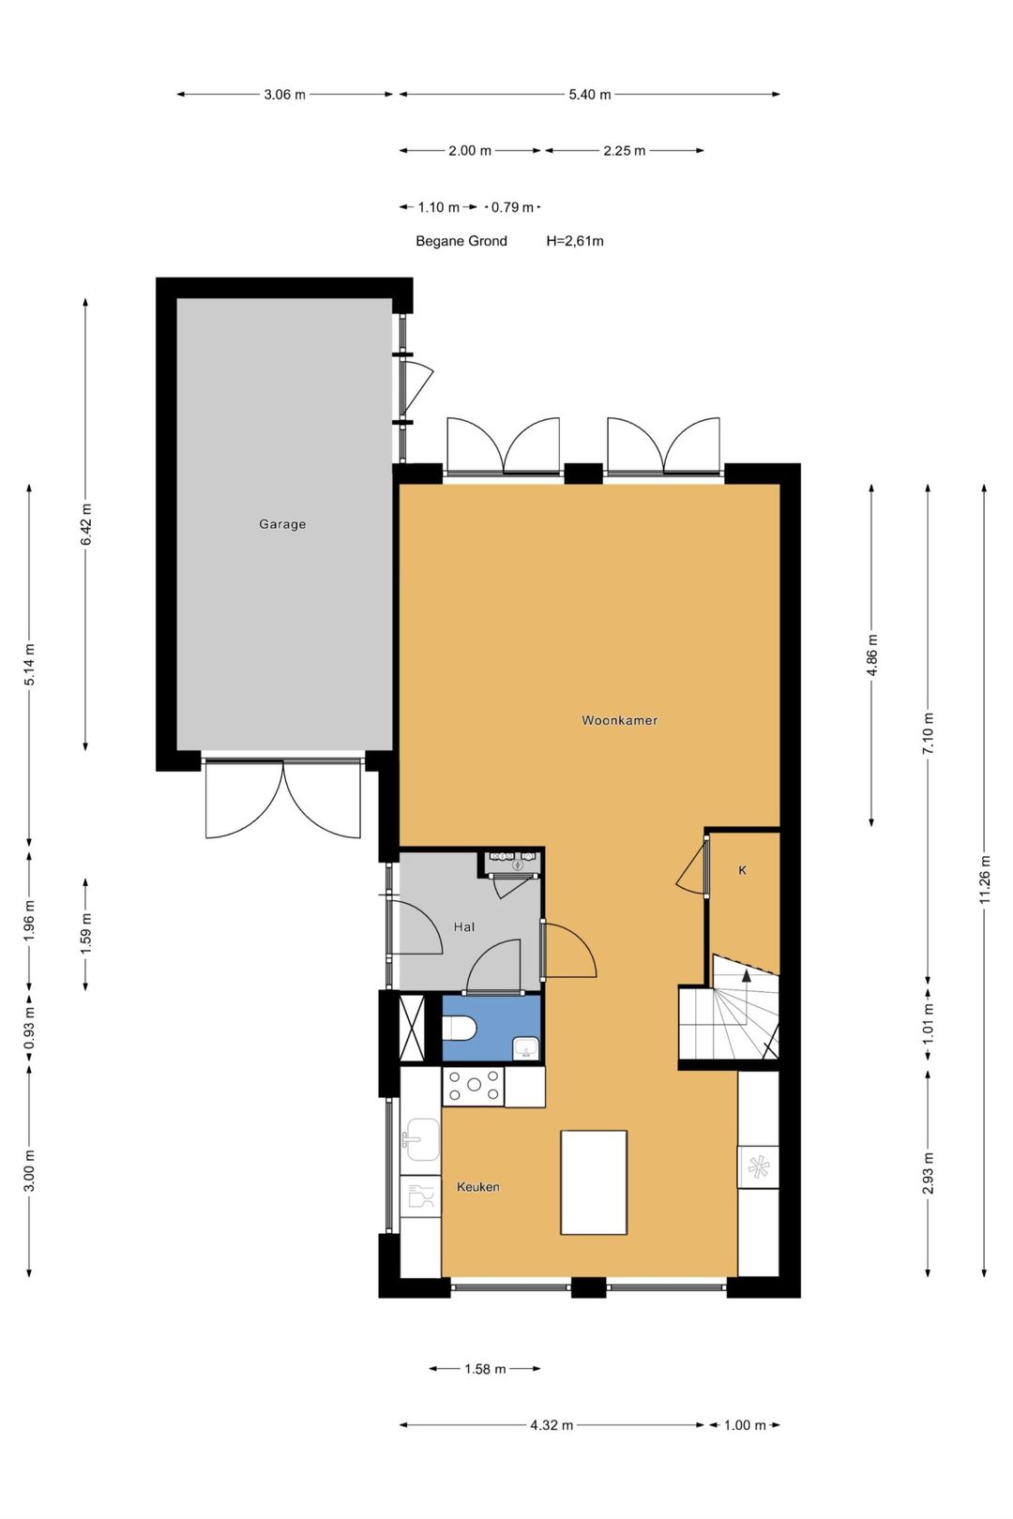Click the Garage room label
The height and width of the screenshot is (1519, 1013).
pyautogui.click(x=282, y=524)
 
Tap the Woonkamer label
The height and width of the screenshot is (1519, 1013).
pyautogui.click(x=619, y=720)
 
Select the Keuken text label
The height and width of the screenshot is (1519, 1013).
pyautogui.click(x=477, y=1186)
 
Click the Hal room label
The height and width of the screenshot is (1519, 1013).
pyautogui.click(x=463, y=926)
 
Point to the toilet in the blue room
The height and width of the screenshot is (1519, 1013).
pyautogui.click(x=460, y=1029)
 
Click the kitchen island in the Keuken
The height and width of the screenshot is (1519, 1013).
pyautogui.click(x=594, y=1182)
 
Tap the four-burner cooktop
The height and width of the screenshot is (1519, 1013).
pyautogui.click(x=473, y=1086)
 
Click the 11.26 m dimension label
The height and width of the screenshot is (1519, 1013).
pyautogui.click(x=985, y=880)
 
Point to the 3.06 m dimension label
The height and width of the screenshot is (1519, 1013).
pyautogui.click(x=284, y=95)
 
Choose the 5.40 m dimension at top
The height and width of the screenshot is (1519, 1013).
pyautogui.click(x=589, y=95)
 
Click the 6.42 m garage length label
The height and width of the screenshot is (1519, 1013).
pyautogui.click(x=85, y=524)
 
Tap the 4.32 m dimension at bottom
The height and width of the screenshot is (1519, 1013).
pyautogui.click(x=551, y=1425)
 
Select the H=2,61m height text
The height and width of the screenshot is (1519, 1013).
pyautogui.click(x=575, y=241)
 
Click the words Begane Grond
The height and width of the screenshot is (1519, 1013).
pyautogui.click(x=461, y=241)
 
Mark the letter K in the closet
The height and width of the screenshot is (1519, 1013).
pyautogui.click(x=742, y=870)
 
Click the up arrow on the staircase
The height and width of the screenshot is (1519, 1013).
pyautogui.click(x=747, y=976)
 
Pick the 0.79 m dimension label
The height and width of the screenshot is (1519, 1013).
pyautogui.click(x=512, y=207)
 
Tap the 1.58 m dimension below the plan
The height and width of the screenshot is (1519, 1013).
pyautogui.click(x=485, y=1369)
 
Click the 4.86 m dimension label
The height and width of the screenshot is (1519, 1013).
pyautogui.click(x=872, y=654)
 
